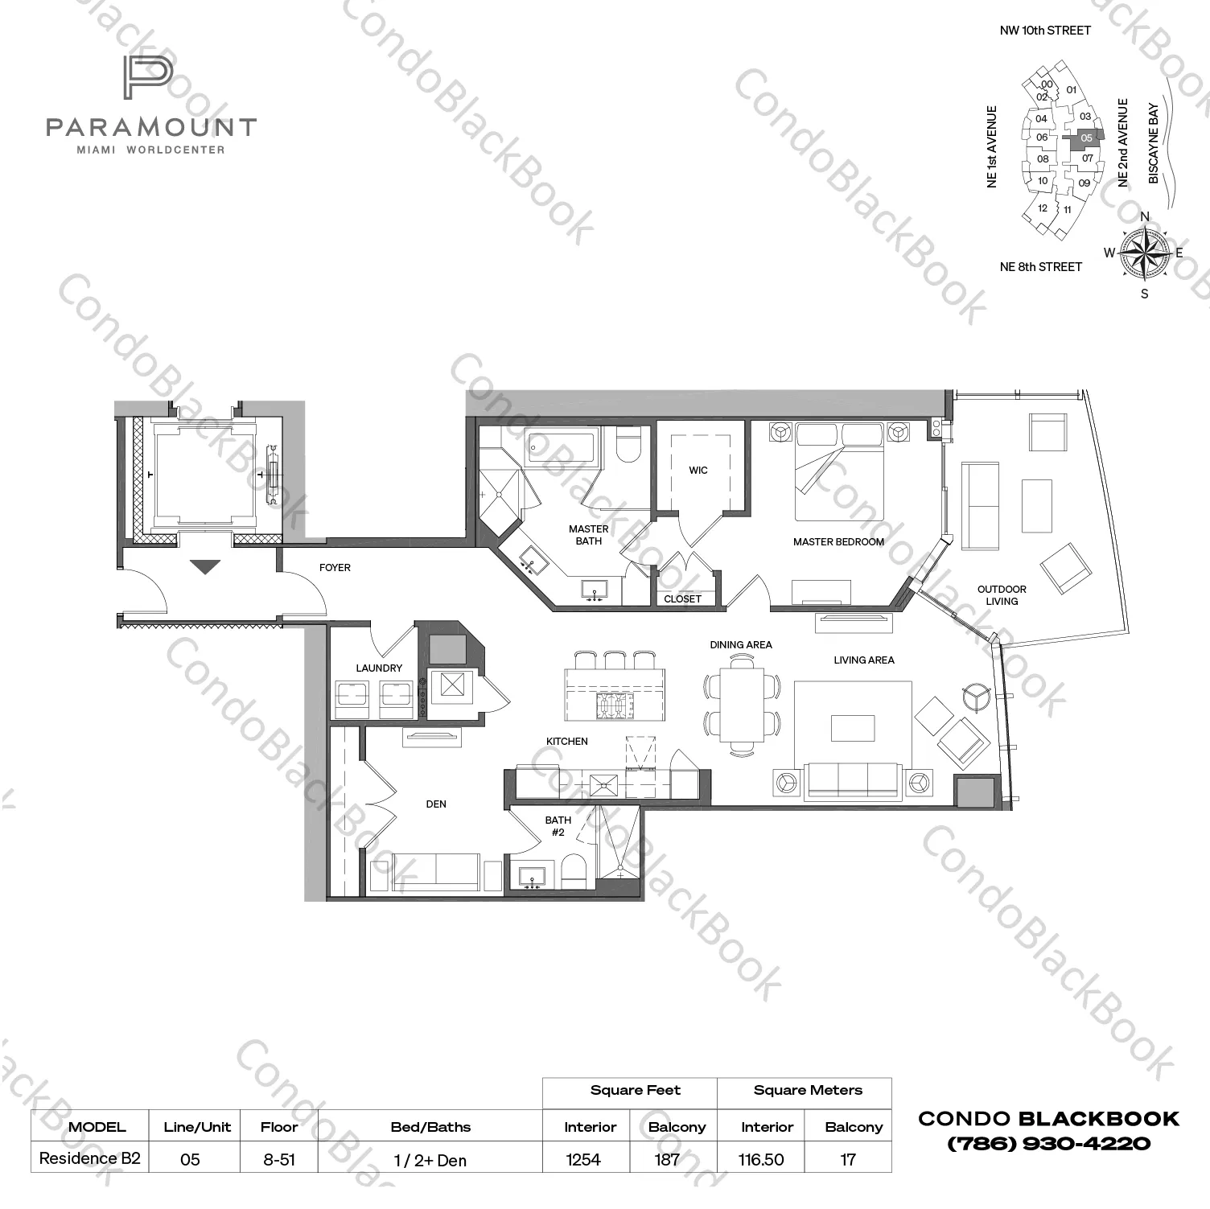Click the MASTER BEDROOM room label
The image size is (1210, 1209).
pyautogui.click(x=838, y=542)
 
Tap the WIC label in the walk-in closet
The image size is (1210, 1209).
pyautogui.click(x=698, y=471)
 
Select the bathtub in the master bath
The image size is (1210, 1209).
pyautogui.click(x=562, y=447)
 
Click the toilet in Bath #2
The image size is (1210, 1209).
pyautogui.click(x=574, y=872)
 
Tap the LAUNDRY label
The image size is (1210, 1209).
pyautogui.click(x=379, y=668)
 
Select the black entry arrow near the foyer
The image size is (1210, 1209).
pyautogui.click(x=206, y=567)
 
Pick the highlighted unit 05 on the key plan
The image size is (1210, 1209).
pyautogui.click(x=1087, y=138)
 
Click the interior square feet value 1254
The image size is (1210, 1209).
pyautogui.click(x=583, y=1159)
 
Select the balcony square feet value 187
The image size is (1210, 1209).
pyautogui.click(x=667, y=1159)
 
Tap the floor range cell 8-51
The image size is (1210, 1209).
pyautogui.click(x=278, y=1159)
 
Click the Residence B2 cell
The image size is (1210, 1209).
pyautogui.click(x=90, y=1159)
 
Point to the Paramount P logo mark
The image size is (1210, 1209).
pyautogui.click(x=148, y=78)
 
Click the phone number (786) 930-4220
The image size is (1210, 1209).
pyautogui.click(x=1048, y=1144)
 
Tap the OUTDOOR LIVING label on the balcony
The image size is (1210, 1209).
pyautogui.click(x=1002, y=595)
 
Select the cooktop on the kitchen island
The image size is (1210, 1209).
pyautogui.click(x=611, y=705)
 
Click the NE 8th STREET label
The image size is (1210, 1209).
pyautogui.click(x=1040, y=267)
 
